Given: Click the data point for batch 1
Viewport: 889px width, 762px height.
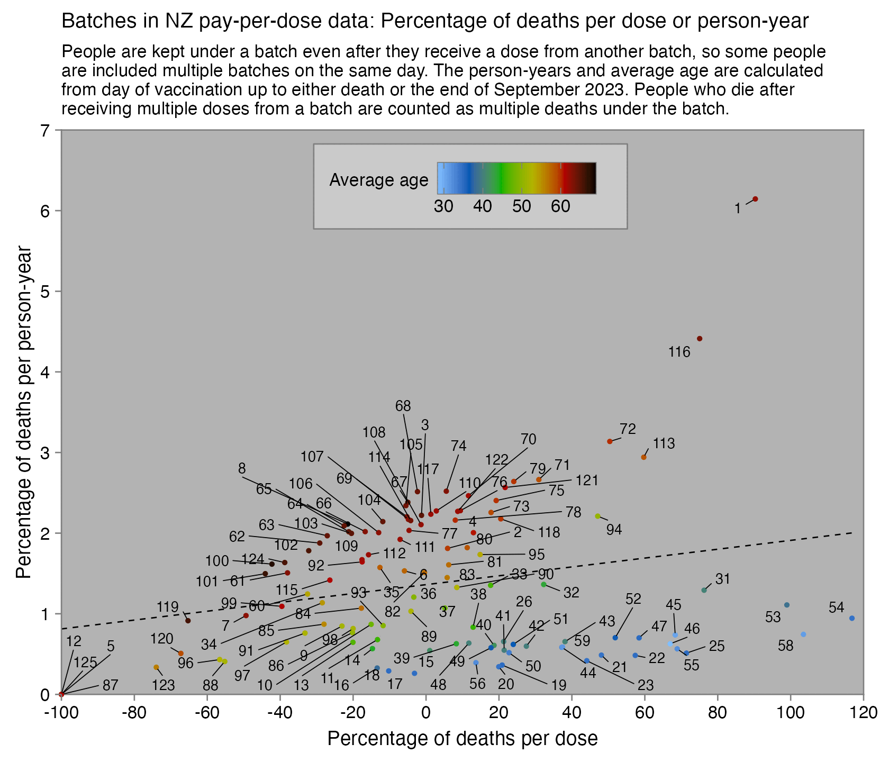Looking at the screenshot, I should click(x=755, y=199).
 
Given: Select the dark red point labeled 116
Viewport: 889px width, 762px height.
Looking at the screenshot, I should click(x=700, y=339).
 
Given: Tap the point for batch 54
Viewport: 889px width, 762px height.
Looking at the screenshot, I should click(x=852, y=618).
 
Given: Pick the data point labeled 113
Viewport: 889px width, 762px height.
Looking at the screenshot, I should click(x=644, y=457).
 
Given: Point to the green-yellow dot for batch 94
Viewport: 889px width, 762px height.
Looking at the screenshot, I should click(x=597, y=516).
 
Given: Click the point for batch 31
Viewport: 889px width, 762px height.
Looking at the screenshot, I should click(x=704, y=590).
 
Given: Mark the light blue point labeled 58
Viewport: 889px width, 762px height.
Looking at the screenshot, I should click(x=803, y=634).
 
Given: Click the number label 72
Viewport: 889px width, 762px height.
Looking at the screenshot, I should click(x=628, y=429).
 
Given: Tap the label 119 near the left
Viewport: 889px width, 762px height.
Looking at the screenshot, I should click(x=168, y=607).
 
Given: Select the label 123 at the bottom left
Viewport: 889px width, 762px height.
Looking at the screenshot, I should click(x=163, y=686).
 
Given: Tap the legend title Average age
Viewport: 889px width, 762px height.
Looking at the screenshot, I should click(x=379, y=180).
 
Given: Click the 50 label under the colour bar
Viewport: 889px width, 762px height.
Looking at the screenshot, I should click(x=522, y=206).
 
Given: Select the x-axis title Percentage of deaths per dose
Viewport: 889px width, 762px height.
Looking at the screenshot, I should click(x=462, y=739).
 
